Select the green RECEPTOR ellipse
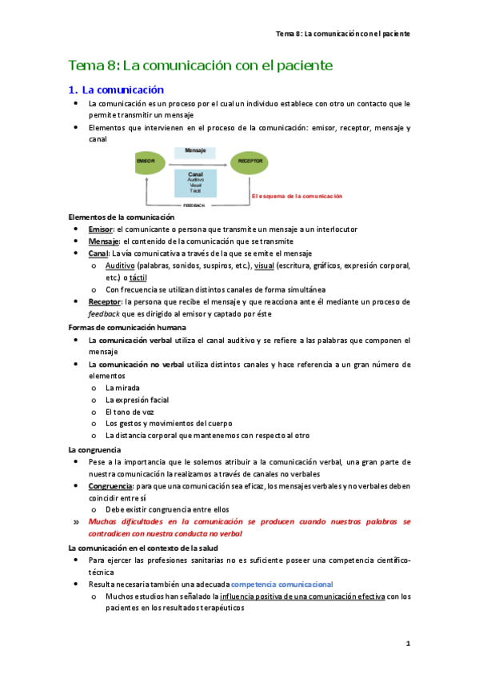tap(249, 162)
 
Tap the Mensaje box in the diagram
tap(196, 151)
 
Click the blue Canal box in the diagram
tap(196, 182)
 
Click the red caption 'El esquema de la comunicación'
tap(296, 196)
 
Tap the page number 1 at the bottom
tap(407, 644)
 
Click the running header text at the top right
tap(343, 34)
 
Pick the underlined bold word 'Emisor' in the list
tap(101, 229)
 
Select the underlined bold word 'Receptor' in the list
tap(106, 301)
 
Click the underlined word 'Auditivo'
tap(120, 265)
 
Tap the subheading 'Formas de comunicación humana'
tap(127, 328)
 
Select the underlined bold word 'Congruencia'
tap(111, 486)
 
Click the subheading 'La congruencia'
tap(94, 450)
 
